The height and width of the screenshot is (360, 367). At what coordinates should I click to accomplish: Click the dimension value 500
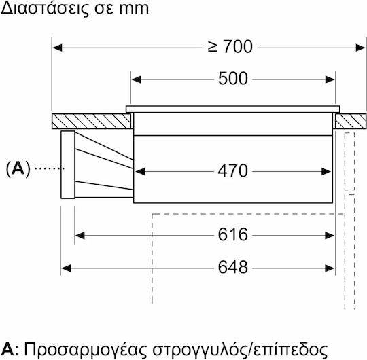click(233, 78)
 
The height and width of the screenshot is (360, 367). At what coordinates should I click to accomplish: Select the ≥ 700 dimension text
click(230, 47)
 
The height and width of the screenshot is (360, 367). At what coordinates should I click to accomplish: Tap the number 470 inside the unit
click(232, 170)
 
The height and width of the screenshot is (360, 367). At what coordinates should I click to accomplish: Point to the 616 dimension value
click(233, 234)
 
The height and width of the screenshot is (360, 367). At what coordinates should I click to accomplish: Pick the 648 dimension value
click(233, 267)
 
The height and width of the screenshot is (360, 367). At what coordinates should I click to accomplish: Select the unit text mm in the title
click(134, 9)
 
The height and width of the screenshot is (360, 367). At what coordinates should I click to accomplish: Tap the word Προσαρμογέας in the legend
click(86, 350)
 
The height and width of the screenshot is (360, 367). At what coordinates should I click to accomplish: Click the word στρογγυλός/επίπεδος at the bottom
click(240, 350)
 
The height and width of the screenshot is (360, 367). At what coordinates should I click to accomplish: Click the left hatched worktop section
click(91, 121)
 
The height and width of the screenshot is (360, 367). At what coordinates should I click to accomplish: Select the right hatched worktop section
click(351, 121)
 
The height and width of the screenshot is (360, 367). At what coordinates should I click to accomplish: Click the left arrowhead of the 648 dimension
click(66, 268)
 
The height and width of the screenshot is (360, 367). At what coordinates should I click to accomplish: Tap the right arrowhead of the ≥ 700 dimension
click(360, 48)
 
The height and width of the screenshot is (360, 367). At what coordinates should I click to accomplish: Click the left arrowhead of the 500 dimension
click(136, 79)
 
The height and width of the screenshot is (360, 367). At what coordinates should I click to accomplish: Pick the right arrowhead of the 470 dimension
click(326, 171)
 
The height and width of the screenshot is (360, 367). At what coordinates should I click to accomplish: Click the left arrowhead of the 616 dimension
click(80, 236)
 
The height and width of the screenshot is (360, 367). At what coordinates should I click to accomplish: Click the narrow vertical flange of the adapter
click(68, 164)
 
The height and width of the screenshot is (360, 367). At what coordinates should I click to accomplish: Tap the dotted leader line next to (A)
click(50, 168)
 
